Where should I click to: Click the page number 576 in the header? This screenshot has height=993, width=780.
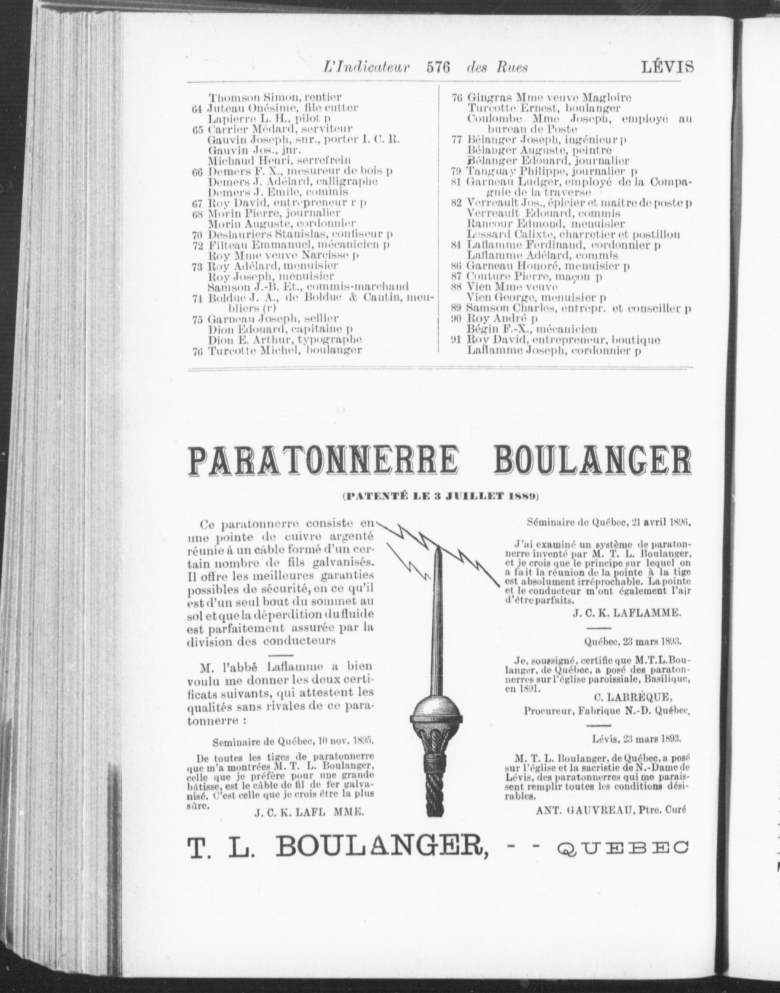coord(438,68)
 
